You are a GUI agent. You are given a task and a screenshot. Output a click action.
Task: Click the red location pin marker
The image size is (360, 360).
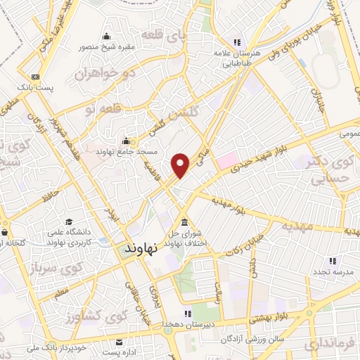181,165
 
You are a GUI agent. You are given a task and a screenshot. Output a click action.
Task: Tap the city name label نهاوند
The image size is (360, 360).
144,250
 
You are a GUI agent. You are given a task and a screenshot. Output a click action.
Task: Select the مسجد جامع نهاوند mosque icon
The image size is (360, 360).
126,140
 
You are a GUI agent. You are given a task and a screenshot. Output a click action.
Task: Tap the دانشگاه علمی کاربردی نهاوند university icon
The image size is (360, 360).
69,221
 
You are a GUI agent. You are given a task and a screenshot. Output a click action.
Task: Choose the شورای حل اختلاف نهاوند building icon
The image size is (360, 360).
184,221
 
